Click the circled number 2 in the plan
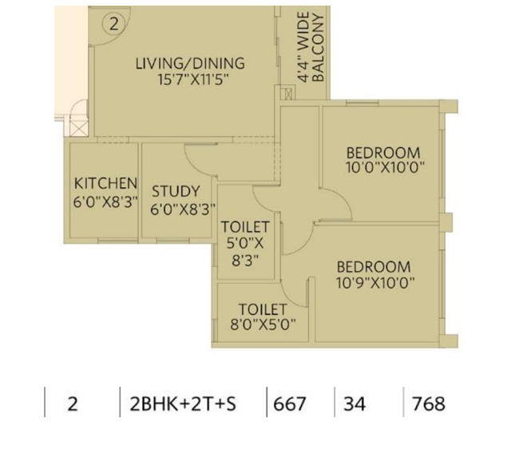(113, 24)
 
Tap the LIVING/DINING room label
(190, 63)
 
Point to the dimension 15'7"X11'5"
(193, 80)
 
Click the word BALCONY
(318, 48)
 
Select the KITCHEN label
(105, 184)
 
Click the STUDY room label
(176, 191)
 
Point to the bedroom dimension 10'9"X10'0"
(375, 282)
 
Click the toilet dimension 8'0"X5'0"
(263, 325)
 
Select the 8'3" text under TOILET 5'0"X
(245, 261)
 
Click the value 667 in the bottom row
(290, 404)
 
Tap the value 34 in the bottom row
(355, 404)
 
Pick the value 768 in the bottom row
(429, 404)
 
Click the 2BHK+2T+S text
(183, 404)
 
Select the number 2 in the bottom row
(73, 404)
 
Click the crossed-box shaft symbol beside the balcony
(288, 94)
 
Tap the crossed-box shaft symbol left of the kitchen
(80, 128)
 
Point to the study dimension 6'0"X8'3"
(183, 209)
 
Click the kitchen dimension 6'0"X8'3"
(105, 201)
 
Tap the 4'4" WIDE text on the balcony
(303, 47)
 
